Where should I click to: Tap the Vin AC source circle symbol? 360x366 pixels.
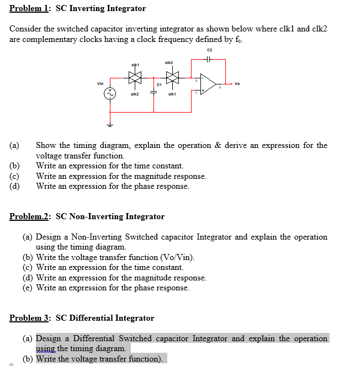[x=110, y=94]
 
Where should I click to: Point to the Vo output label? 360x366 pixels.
[x=237, y=84]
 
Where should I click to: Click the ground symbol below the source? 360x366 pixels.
[x=110, y=125]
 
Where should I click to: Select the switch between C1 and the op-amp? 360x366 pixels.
[x=173, y=78]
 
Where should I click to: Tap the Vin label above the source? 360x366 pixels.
[x=101, y=84]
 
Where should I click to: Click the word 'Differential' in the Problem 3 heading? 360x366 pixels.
[x=99, y=318]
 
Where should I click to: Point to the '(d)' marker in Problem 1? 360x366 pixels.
[x=15, y=186]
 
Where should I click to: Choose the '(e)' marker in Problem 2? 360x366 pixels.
[x=28, y=288]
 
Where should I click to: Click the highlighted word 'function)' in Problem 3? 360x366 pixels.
[x=146, y=359]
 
